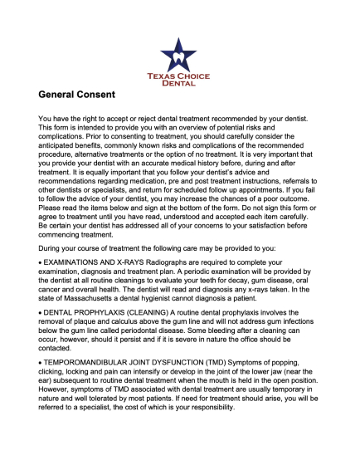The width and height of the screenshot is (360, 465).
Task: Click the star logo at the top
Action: click(x=179, y=53)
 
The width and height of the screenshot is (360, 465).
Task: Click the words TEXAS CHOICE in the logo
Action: click(x=179, y=75)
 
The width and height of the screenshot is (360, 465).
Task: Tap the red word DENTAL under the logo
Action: click(x=179, y=83)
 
